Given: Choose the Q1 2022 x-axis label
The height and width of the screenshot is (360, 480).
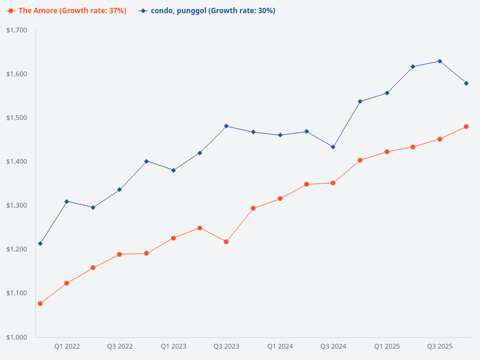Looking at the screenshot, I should [67, 347].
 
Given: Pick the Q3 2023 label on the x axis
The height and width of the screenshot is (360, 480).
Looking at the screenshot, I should [226, 347].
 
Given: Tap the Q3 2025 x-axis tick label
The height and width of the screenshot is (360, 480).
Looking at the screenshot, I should [440, 347].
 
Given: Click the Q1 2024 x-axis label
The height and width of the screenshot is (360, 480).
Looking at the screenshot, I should [280, 347].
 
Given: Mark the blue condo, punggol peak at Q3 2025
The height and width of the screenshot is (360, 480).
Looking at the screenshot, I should [440, 61].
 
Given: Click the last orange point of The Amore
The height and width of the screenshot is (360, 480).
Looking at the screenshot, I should [466, 127].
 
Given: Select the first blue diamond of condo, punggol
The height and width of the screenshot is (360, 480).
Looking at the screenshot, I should [40, 244].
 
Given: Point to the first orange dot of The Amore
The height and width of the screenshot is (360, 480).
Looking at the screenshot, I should [40, 304].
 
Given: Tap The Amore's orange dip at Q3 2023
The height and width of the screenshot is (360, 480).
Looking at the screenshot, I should [226, 242].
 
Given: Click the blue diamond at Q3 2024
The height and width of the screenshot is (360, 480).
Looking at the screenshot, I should [333, 147].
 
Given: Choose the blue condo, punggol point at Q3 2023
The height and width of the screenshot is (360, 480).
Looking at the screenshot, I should [226, 126].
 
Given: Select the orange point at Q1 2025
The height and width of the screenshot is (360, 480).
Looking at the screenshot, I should [386, 152].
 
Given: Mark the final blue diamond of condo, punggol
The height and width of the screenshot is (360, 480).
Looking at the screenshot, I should [466, 83].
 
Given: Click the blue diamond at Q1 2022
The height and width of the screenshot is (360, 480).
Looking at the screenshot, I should [67, 201].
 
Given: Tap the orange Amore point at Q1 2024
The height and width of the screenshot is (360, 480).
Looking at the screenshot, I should [280, 199].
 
